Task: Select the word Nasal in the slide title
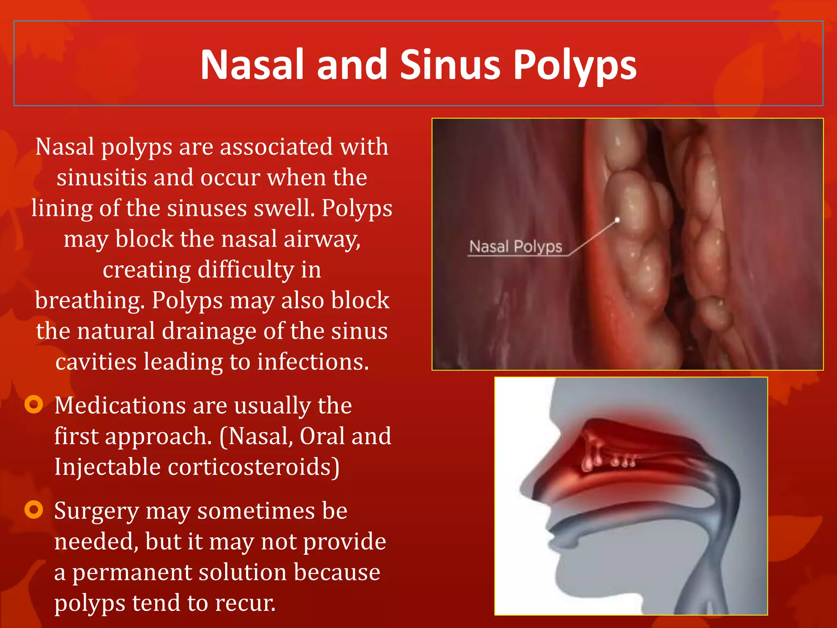click(x=252, y=65)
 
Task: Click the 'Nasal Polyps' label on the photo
click(x=515, y=247)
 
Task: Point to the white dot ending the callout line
click(x=617, y=220)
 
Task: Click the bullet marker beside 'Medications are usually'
click(x=34, y=404)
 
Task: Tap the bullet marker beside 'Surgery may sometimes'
click(x=34, y=509)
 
